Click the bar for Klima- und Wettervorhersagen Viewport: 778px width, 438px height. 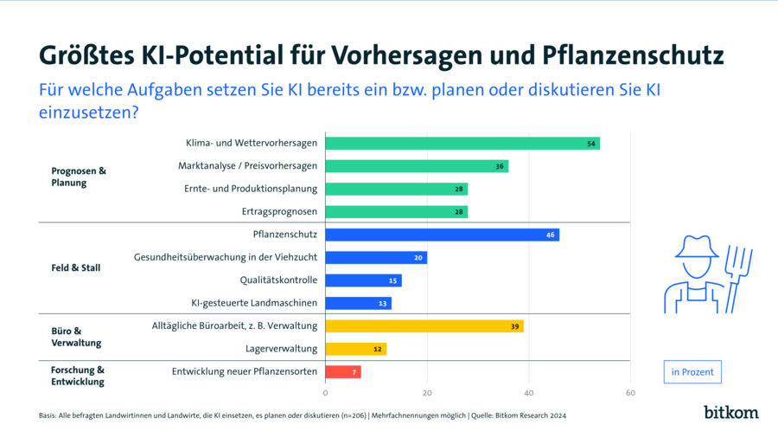coord(462,144)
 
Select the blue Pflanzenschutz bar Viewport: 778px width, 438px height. coord(442,235)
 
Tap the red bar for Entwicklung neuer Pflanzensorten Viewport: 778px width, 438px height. coord(343,371)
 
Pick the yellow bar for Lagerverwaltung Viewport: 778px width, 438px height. coord(355,349)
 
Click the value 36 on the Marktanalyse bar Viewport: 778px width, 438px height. coord(500,166)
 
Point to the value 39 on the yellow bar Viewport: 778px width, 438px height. coord(515,326)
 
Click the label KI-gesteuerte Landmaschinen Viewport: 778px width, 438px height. coord(254,303)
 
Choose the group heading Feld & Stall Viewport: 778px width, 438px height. coord(76,268)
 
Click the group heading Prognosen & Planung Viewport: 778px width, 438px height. coord(79,177)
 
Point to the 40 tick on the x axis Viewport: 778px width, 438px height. coord(529,393)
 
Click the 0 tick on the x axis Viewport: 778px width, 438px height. coord(325,393)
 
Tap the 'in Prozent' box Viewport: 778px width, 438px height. coord(692,372)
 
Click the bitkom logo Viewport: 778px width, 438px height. coord(730,412)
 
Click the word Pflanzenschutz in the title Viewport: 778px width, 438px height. coord(626,56)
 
